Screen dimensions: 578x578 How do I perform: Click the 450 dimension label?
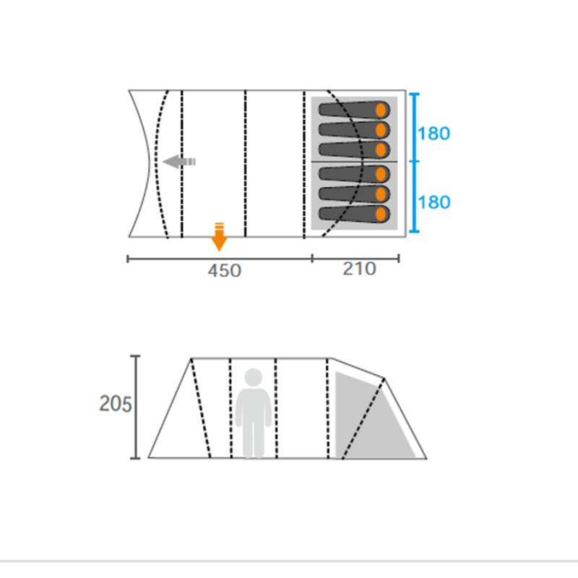[225, 271]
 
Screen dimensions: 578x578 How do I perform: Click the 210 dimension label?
[359, 269]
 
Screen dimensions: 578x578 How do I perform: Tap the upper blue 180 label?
[434, 134]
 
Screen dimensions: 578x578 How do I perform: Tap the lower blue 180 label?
[434, 202]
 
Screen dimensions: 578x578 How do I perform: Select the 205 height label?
[116, 404]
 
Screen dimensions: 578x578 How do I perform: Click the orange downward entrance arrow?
[219, 237]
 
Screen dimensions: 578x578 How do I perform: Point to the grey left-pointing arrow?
[178, 161]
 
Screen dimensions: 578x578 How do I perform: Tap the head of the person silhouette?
[254, 377]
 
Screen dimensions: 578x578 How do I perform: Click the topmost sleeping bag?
[354, 110]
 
